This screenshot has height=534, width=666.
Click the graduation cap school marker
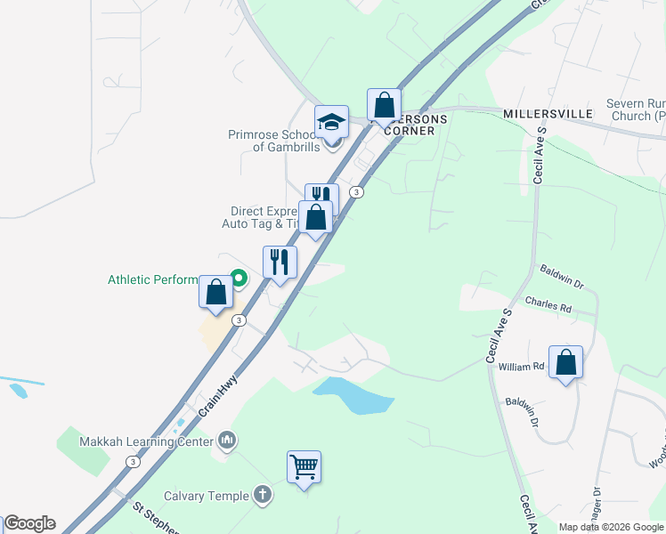pos(331,122)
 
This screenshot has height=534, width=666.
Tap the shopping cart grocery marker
pos(304,467)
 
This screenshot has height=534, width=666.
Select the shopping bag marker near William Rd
pos(565,362)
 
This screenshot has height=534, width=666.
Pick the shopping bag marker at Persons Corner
pos(385,106)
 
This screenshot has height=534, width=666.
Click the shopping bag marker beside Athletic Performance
pos(215,292)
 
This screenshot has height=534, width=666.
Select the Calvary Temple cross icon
pos(262,494)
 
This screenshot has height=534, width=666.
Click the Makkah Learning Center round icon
pos(228,440)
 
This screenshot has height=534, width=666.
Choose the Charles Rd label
pos(548,304)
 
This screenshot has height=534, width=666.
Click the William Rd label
pos(521,367)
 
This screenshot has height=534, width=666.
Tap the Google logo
pos(29,523)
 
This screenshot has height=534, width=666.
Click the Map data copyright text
pos(610,527)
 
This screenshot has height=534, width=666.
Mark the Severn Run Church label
pos(636,109)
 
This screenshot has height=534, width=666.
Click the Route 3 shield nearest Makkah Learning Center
pos(133,461)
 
